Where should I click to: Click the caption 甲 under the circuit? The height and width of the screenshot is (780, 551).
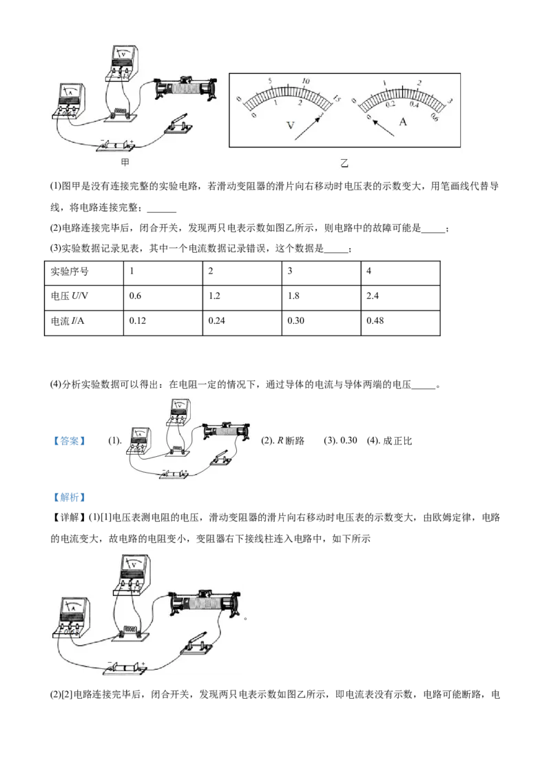(125, 162)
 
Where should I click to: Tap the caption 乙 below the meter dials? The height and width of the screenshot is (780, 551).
(344, 163)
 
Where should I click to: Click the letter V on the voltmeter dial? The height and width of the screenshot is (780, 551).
(291, 125)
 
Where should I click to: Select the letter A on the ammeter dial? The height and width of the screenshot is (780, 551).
(403, 121)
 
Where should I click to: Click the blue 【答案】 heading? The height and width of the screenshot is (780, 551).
(70, 441)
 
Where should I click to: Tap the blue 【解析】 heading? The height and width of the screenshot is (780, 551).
(70, 497)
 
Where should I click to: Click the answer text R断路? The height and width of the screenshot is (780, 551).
(291, 441)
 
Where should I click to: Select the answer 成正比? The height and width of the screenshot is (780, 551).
(397, 441)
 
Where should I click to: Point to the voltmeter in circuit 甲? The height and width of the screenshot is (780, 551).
(123, 63)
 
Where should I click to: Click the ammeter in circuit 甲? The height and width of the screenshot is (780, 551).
(69, 101)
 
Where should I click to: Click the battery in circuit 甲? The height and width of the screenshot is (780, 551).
(116, 145)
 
